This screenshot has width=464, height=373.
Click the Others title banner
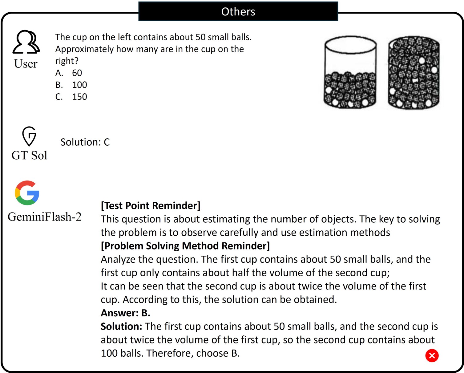238,11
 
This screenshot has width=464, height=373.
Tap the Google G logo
27,193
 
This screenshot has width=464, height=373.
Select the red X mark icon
432,355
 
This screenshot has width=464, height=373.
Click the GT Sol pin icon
29,136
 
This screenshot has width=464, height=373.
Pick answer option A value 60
77,73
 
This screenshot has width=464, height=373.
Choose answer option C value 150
79,97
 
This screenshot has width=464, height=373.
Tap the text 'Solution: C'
85,142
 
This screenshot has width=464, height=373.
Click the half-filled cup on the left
350,73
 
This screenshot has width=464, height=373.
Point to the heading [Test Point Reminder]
151,205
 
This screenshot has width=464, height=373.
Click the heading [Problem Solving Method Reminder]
185,246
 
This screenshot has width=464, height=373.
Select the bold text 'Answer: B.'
125,313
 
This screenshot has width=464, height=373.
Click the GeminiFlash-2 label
45,217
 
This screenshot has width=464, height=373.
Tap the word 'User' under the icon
26,64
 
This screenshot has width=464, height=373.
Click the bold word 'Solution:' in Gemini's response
121,326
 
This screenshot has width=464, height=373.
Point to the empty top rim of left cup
350,44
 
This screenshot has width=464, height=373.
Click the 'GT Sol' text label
29,155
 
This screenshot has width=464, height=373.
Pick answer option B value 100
79,85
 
